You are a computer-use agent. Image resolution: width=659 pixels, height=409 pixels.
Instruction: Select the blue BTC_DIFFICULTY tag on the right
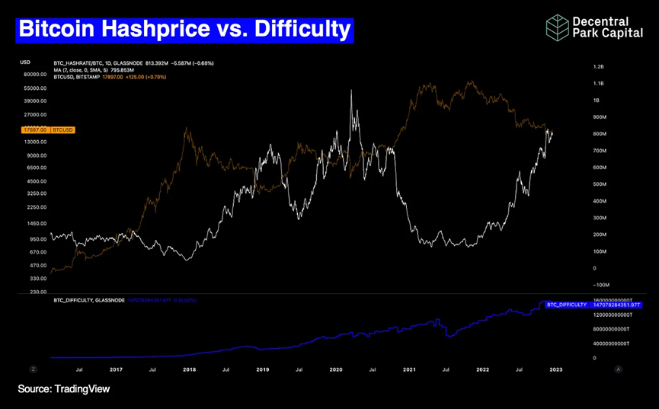click(x=566, y=303)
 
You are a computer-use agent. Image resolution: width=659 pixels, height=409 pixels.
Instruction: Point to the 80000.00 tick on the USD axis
click(x=37, y=75)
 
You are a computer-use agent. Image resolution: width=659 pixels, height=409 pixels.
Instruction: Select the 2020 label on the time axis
click(x=335, y=369)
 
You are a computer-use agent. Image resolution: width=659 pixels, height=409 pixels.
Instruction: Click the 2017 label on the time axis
click(x=116, y=369)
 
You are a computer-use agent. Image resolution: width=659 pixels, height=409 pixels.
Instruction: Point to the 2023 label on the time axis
click(x=556, y=369)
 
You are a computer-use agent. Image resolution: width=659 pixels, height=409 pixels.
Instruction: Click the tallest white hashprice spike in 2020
click(x=351, y=91)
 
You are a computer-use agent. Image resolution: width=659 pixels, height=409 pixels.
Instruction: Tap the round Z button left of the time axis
click(x=34, y=369)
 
